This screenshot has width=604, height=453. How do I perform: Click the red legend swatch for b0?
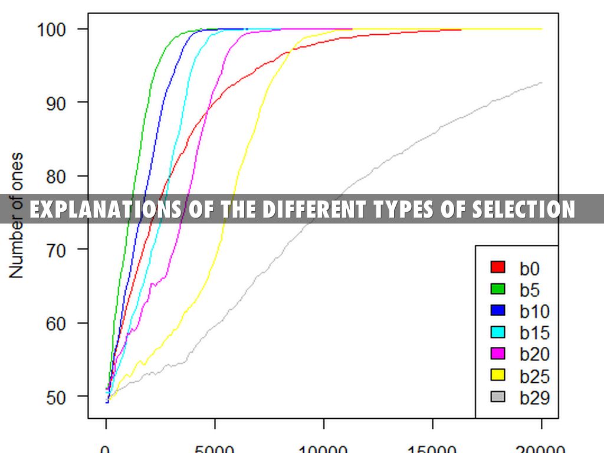pyautogui.click(x=498, y=267)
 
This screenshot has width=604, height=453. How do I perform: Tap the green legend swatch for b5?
pyautogui.click(x=498, y=289)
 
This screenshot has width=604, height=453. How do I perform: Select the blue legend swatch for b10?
pyautogui.click(x=498, y=311)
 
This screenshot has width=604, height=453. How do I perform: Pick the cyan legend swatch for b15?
pyautogui.click(x=498, y=332)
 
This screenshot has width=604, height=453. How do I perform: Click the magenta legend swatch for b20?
pyautogui.click(x=498, y=354)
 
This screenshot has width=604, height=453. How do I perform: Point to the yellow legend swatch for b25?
pyautogui.click(x=498, y=375)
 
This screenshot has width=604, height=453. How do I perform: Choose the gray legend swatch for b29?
pyautogui.click(x=498, y=397)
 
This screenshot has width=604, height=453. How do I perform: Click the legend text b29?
pyautogui.click(x=534, y=398)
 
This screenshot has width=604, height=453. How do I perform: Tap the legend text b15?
pyautogui.click(x=534, y=333)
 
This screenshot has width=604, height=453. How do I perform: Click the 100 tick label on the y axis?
pyautogui.click(x=56, y=29)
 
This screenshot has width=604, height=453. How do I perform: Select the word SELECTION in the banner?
pyautogui.click(x=523, y=209)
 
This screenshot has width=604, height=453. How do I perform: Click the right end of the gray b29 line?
pyautogui.click(x=541, y=83)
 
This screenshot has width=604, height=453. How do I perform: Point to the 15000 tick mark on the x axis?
pyautogui.click(x=433, y=419)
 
